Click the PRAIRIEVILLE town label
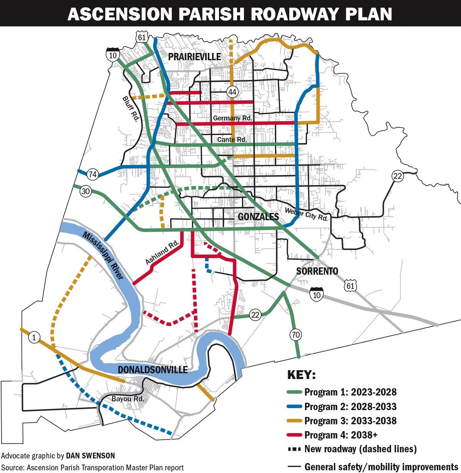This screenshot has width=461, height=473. point(194,57)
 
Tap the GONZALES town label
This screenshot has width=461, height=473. point(258,217)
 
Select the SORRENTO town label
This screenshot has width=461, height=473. point(317,271)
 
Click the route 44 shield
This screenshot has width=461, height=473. point(232,92)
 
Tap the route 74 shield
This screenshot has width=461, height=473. point(92,173)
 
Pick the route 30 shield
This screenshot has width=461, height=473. point(85,191)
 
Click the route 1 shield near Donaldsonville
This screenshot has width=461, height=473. point(34,338)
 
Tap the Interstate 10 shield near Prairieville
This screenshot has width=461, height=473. point(112,54)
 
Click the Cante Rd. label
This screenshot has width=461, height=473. point(232,140)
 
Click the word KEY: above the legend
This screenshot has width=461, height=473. point(301,375)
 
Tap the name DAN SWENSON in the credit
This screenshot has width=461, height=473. point(90,456)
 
